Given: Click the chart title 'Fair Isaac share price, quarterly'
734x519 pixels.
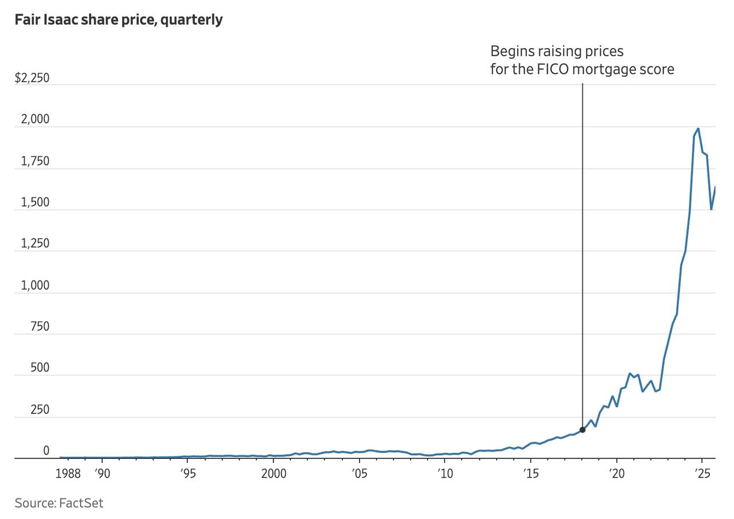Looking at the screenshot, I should [x=119, y=19].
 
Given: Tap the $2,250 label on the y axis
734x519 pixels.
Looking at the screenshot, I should [x=32, y=78].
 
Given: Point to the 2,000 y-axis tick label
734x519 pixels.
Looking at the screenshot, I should [x=36, y=120].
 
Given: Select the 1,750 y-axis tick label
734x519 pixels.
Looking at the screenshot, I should [x=36, y=161].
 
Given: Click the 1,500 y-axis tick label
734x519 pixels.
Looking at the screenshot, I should [x=36, y=202].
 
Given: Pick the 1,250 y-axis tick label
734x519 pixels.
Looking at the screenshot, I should [x=36, y=244].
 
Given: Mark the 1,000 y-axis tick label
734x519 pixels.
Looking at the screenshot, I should [x=36, y=286].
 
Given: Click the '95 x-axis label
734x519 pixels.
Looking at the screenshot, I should [x=188, y=474].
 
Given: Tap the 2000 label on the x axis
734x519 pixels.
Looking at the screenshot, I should [x=274, y=474].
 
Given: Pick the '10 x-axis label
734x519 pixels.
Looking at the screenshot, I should [x=445, y=474].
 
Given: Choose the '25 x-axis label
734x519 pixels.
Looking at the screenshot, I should [x=702, y=474].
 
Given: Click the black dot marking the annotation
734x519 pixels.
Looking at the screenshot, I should [x=583, y=430].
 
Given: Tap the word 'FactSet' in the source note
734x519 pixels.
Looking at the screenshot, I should [x=81, y=503].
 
